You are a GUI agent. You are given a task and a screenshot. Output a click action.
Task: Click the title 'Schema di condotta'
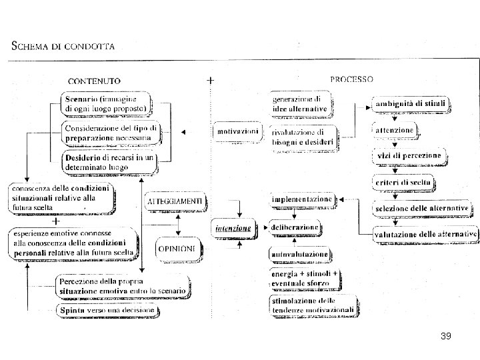point(64,46)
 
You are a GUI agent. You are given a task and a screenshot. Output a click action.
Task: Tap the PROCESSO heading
point(351,79)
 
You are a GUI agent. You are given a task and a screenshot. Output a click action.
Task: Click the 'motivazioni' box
point(238,131)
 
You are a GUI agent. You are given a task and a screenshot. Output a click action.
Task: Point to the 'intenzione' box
point(233,229)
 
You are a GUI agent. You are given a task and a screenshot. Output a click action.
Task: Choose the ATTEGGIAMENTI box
point(176,201)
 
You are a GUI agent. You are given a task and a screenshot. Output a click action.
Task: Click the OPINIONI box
point(177,249)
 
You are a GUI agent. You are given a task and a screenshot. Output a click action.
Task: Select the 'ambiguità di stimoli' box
point(411,104)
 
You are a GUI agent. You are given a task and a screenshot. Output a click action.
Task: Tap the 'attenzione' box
point(395,129)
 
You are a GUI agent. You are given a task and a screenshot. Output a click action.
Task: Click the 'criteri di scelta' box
point(403,182)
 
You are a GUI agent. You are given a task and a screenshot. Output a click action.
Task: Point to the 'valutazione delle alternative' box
point(425,234)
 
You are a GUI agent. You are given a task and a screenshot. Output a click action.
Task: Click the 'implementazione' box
point(301,199)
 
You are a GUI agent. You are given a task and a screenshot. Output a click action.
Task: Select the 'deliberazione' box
point(294,227)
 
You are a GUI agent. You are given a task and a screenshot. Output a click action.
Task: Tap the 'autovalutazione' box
point(299,254)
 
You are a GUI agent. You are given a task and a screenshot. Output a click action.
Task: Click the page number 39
point(446,337)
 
